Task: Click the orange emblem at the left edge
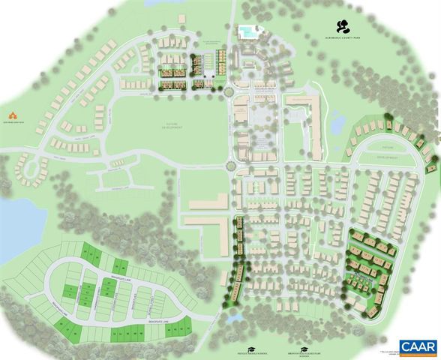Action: [x=12, y=113]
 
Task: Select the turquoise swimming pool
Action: [x=246, y=31]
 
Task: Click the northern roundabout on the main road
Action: [x=227, y=92]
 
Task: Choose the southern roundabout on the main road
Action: [x=231, y=166]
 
